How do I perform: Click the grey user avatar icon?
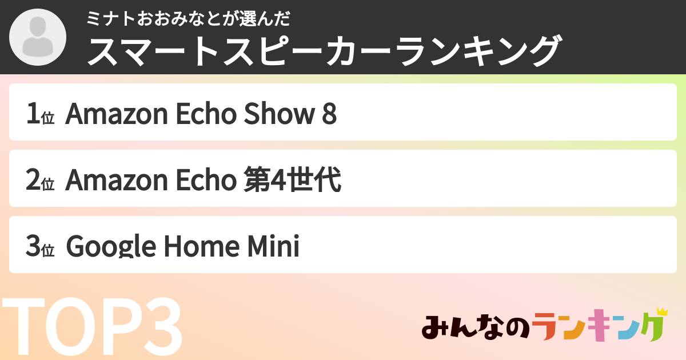click(x=38, y=37)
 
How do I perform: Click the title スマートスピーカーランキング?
click(x=324, y=51)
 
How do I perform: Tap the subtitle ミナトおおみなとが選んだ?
click(x=188, y=19)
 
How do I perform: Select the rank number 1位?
click(x=41, y=114)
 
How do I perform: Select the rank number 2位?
click(x=41, y=179)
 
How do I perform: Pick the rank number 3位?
click(x=41, y=246)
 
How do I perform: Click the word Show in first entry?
click(x=280, y=113)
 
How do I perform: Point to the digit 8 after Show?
click(x=329, y=114)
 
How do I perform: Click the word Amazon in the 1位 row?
click(x=117, y=114)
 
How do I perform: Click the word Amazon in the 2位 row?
click(x=117, y=179)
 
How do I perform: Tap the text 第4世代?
click(x=292, y=179)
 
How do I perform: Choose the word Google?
click(x=111, y=246)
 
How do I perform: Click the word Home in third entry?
click(x=202, y=246)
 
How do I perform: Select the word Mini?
click(x=273, y=246)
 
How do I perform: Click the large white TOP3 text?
click(x=92, y=326)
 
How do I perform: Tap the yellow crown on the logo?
click(x=662, y=312)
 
